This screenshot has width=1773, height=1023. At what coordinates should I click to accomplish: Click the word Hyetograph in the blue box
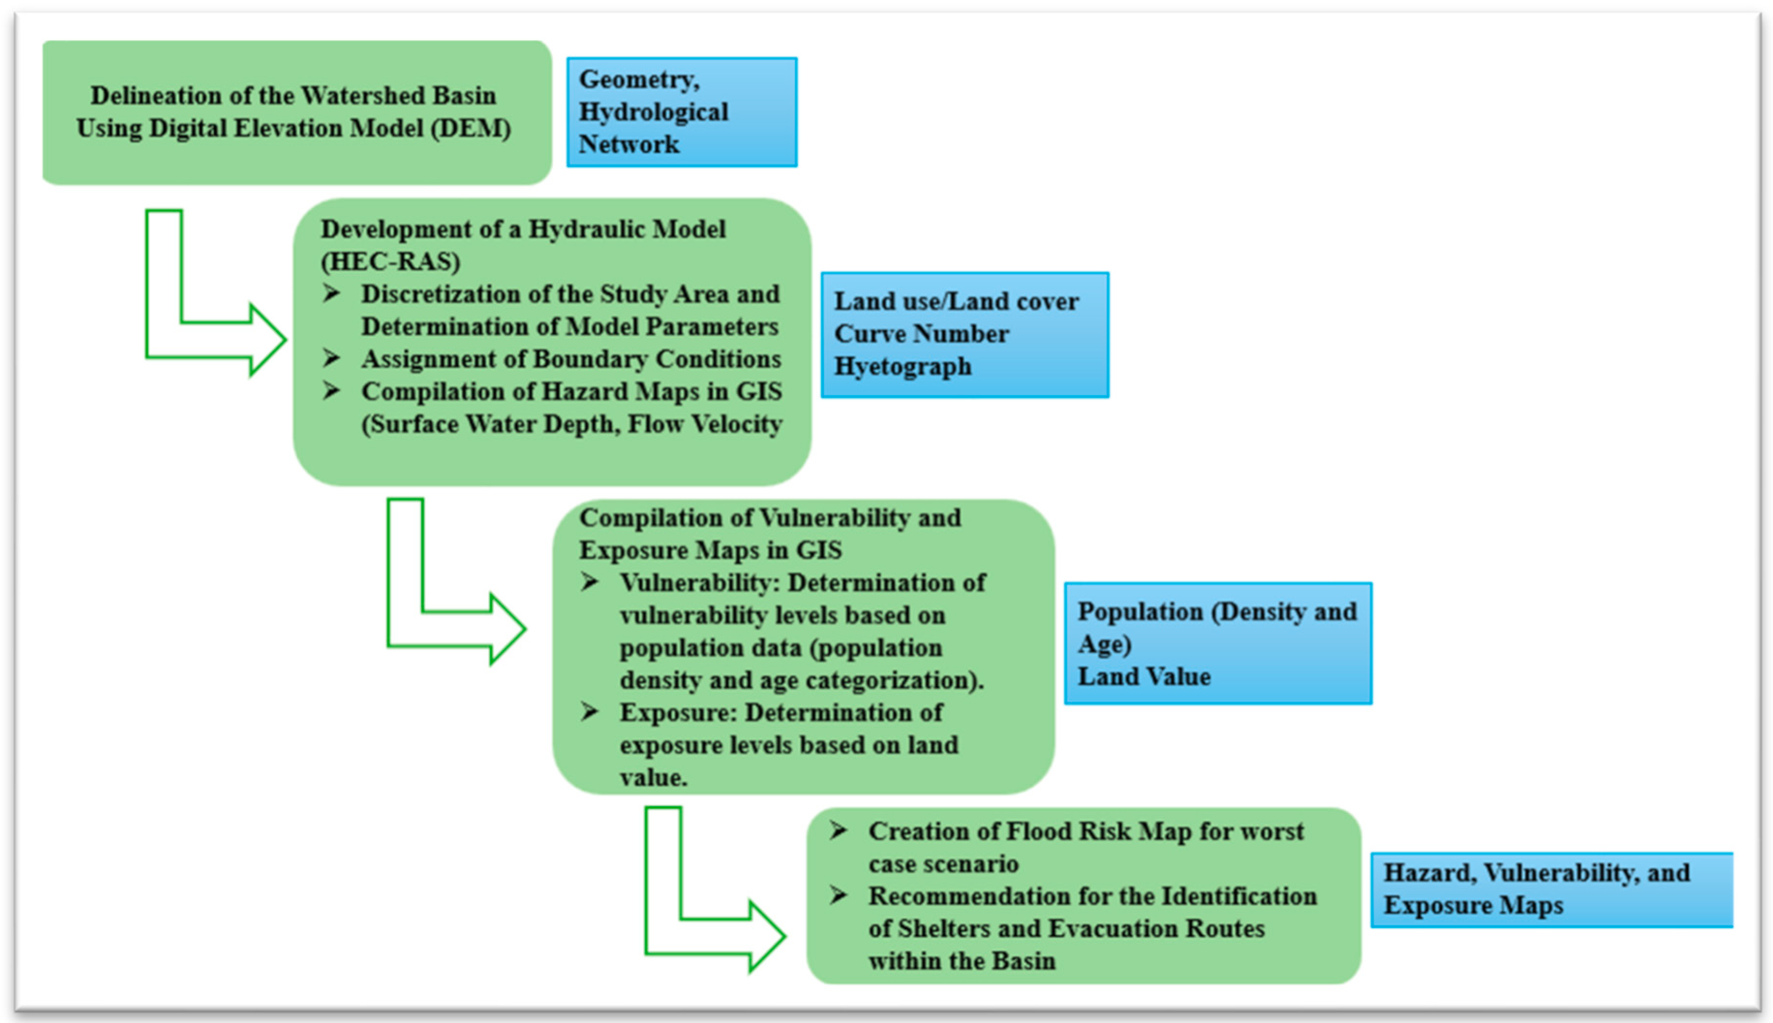tap(902, 366)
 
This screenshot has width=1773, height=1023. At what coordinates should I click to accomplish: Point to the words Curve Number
tap(921, 334)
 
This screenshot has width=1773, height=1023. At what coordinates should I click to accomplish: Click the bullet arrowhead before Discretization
tap(332, 293)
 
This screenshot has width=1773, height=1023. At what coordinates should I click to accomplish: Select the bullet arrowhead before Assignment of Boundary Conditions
tap(332, 358)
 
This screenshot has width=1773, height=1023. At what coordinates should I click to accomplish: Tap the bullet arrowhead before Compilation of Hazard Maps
tap(332, 391)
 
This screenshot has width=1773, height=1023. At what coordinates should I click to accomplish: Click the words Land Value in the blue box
tap(1144, 677)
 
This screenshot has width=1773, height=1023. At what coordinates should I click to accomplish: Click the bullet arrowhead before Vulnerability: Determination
tap(589, 582)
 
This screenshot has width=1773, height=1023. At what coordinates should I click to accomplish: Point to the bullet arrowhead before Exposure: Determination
tap(589, 712)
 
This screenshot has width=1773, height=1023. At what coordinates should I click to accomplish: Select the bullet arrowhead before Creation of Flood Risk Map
tap(838, 830)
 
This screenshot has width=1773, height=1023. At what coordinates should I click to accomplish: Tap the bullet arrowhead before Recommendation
tap(838, 895)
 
